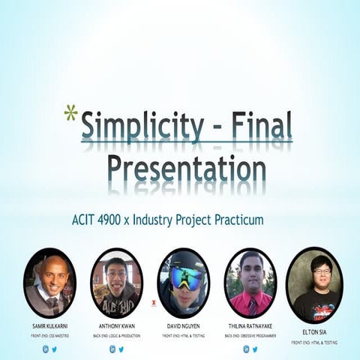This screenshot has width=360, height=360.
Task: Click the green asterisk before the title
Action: pos(70,113)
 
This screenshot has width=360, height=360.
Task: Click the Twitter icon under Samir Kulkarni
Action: pos(55,349)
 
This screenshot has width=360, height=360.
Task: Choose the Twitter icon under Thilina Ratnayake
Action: pos(255,349)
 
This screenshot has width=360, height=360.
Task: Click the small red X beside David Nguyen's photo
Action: pos(153,304)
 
